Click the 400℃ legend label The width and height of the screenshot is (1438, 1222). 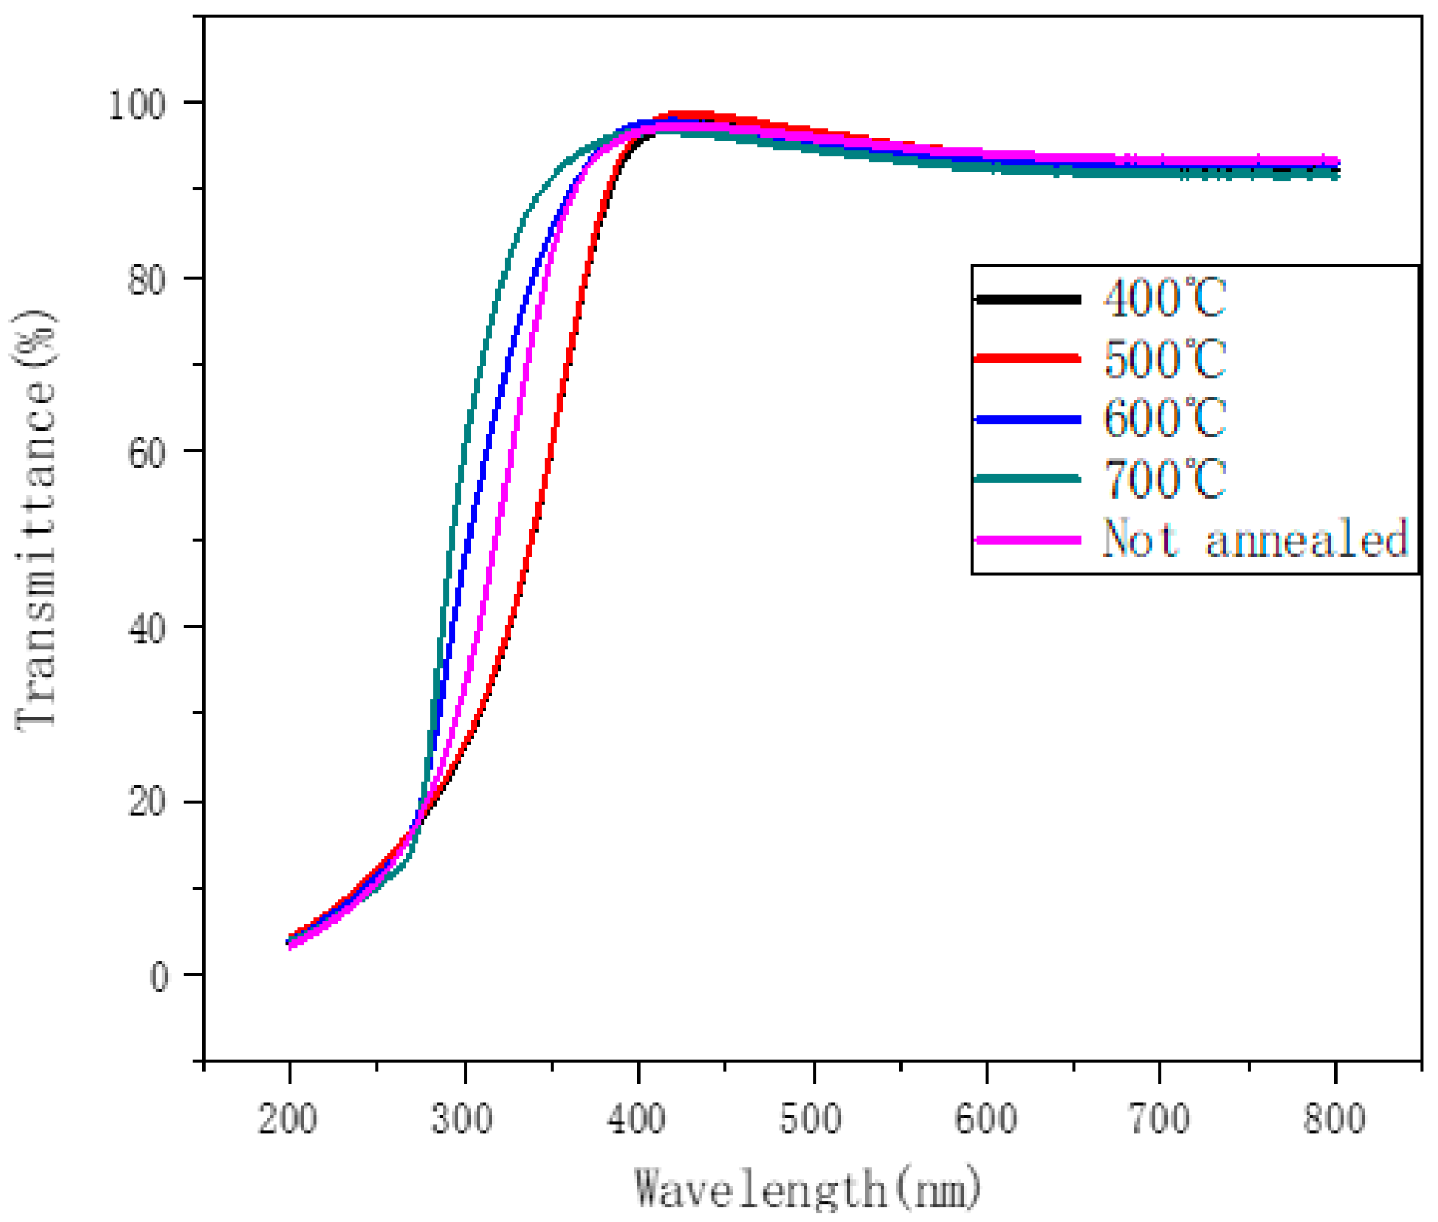pyautogui.click(x=1164, y=298)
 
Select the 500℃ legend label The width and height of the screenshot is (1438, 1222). pyautogui.click(x=1164, y=359)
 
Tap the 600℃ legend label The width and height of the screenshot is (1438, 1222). pyautogui.click(x=1164, y=418)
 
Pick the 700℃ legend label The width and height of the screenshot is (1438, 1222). pyautogui.click(x=1164, y=478)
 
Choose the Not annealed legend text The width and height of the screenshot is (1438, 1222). pyautogui.click(x=1255, y=539)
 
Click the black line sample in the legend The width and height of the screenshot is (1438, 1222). pyautogui.click(x=1028, y=298)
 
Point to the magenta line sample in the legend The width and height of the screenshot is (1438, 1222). pyautogui.click(x=1028, y=539)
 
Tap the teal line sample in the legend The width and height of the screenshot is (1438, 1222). pyautogui.click(x=1028, y=478)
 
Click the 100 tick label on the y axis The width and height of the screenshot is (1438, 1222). pyautogui.click(x=138, y=104)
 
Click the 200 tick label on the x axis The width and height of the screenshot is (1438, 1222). pyautogui.click(x=288, y=1118)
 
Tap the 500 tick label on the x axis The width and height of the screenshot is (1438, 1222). pyautogui.click(x=811, y=1118)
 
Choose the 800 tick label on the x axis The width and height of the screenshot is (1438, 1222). pyautogui.click(x=1334, y=1118)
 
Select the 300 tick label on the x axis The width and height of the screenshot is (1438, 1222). pyautogui.click(x=463, y=1118)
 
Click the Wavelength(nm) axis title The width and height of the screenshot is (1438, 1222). pyautogui.click(x=807, y=1188)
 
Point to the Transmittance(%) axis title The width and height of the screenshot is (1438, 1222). pyautogui.click(x=35, y=519)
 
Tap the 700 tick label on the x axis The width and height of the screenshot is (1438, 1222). pyautogui.click(x=1160, y=1118)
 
